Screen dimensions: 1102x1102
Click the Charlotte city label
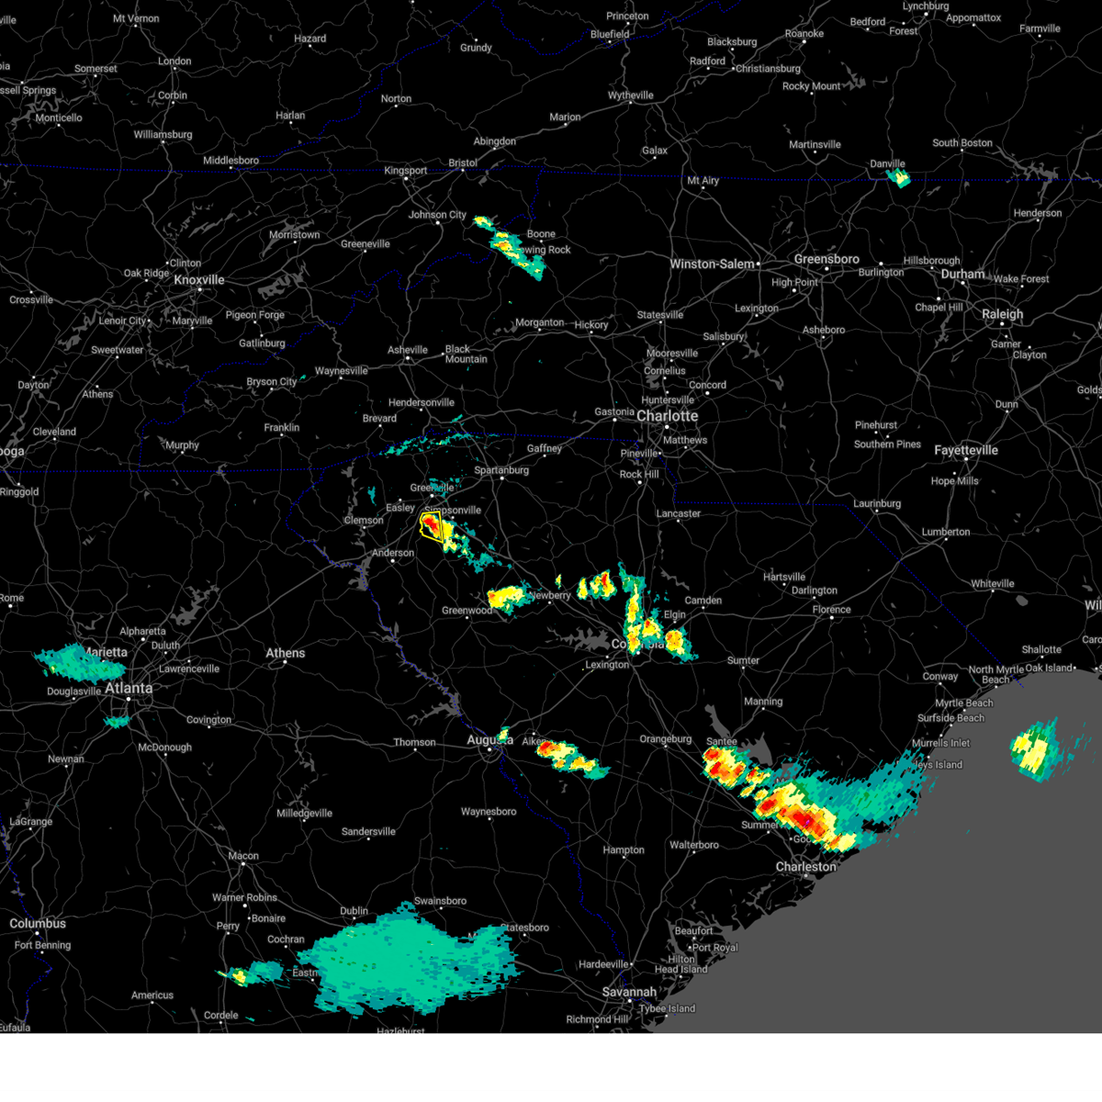tap(668, 416)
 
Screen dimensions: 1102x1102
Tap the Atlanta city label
tap(129, 688)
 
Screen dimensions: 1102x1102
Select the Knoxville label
tap(199, 280)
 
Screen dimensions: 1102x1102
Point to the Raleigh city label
tap(1002, 314)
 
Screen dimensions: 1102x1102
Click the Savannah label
tap(630, 992)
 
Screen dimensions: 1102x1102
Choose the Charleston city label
tap(805, 867)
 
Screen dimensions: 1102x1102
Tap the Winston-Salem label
tap(712, 264)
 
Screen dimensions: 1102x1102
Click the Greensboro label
tap(826, 260)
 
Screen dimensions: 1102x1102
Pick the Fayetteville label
tap(966, 451)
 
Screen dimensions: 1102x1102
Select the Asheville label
tap(408, 350)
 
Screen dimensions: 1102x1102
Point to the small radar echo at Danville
tap(898, 177)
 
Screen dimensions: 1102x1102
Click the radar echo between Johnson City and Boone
tap(511, 248)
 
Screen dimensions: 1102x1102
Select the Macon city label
tap(243, 856)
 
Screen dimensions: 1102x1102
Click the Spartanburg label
tap(501, 471)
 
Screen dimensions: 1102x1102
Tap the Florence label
tap(831, 610)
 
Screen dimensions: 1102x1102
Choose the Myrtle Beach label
tap(964, 703)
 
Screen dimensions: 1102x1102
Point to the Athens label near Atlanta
tap(286, 654)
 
